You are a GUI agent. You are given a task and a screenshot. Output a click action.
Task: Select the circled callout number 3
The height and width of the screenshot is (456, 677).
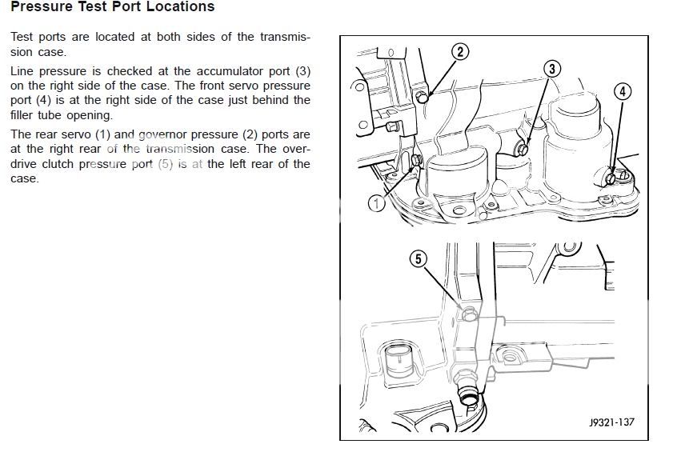coord(552,69)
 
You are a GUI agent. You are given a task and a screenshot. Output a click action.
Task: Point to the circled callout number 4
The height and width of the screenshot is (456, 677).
coord(623,91)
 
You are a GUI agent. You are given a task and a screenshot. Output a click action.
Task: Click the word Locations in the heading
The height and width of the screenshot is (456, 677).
coord(178,7)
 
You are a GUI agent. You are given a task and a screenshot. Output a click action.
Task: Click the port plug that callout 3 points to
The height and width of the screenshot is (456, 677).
coord(523,148)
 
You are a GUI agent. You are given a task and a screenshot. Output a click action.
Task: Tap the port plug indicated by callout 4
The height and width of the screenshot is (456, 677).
coord(612,177)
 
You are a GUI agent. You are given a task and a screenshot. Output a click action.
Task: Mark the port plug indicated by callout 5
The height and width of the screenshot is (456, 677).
coord(468,314)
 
